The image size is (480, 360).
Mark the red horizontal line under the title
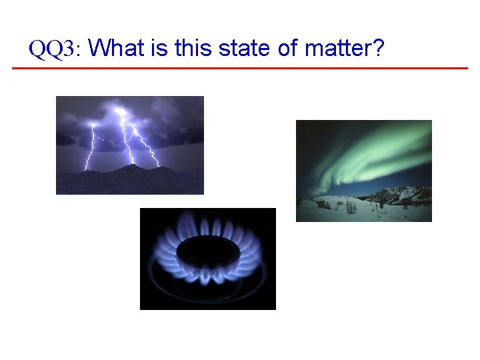pyautogui.click(x=240, y=68)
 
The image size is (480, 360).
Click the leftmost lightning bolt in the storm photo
pyautogui.click(x=89, y=147)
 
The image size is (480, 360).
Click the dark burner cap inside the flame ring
pyautogui.click(x=207, y=253)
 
